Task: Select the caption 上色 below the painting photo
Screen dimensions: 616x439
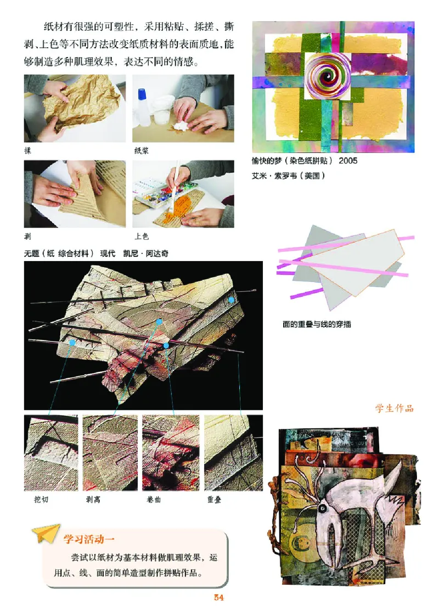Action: [141, 237]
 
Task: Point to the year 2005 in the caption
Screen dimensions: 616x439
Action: [348, 161]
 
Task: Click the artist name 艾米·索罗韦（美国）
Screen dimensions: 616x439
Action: [289, 176]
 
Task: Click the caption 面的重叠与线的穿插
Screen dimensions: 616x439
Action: [317, 324]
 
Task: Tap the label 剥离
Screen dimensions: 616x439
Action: [93, 500]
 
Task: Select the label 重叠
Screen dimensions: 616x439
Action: [214, 500]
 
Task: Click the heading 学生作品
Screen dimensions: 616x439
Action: [394, 408]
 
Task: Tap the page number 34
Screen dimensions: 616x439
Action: [219, 597]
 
